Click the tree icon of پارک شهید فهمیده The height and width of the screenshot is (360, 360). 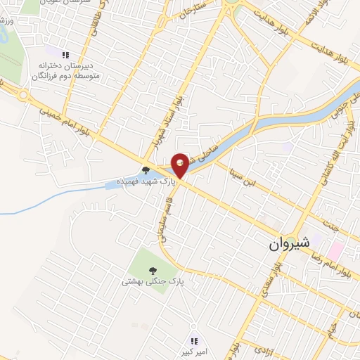(x=146, y=169)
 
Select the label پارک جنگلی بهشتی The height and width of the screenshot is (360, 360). (x=153, y=281)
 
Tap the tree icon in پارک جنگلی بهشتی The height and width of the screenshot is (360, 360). (x=152, y=270)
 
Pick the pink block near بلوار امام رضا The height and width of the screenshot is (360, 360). (x=336, y=250)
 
